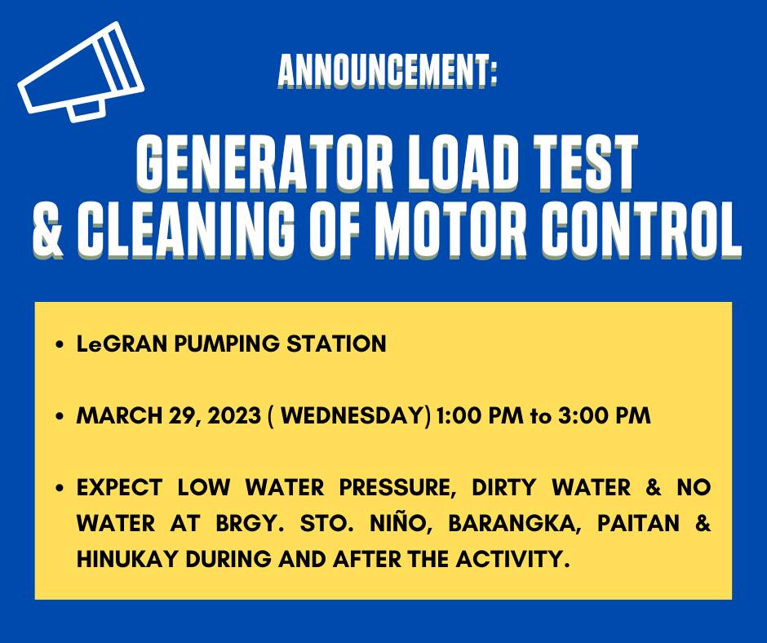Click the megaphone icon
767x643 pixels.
[x=81, y=72]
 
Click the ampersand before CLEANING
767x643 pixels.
[x=48, y=229]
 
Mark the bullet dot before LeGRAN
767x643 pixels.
[x=60, y=344]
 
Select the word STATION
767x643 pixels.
[x=336, y=344]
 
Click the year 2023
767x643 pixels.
[x=234, y=415]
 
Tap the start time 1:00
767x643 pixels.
[x=459, y=415]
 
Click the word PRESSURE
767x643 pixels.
[x=397, y=487]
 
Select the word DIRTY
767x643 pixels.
[x=504, y=487]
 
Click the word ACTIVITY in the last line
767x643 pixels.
[x=512, y=559]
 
